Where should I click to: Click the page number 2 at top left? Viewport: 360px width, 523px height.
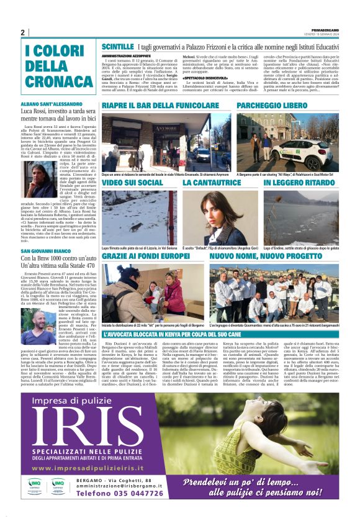[22, 33]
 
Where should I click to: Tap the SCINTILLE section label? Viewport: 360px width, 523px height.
[117, 47]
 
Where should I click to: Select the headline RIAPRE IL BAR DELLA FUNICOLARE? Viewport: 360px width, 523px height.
[158, 106]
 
